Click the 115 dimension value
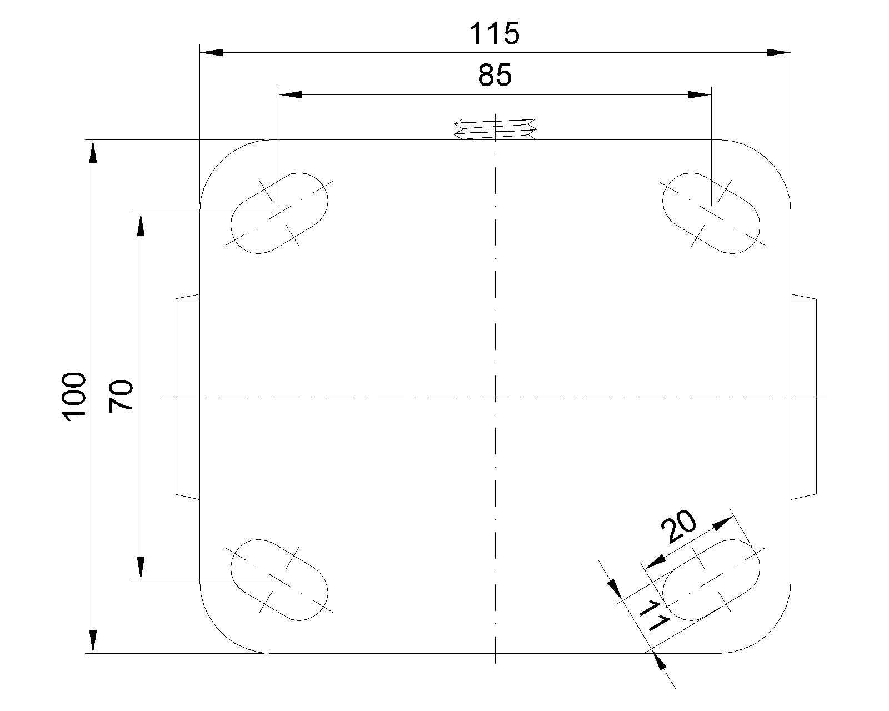coord(494,34)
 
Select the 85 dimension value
coord(494,76)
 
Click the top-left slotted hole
coord(279,213)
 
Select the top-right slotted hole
coord(712,213)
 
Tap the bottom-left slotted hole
coord(279,580)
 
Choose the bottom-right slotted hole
coord(712,580)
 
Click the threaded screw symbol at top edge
coord(495,128)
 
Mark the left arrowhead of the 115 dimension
coord(211,53)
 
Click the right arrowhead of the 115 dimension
coord(778,53)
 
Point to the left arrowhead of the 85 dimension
coord(291,95)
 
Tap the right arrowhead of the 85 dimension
coord(699,95)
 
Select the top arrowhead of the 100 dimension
coord(93,151)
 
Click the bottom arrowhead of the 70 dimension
coord(141,568)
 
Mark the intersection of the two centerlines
coord(495,397)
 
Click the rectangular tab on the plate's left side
coord(187,397)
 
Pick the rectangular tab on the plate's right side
coord(803,397)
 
